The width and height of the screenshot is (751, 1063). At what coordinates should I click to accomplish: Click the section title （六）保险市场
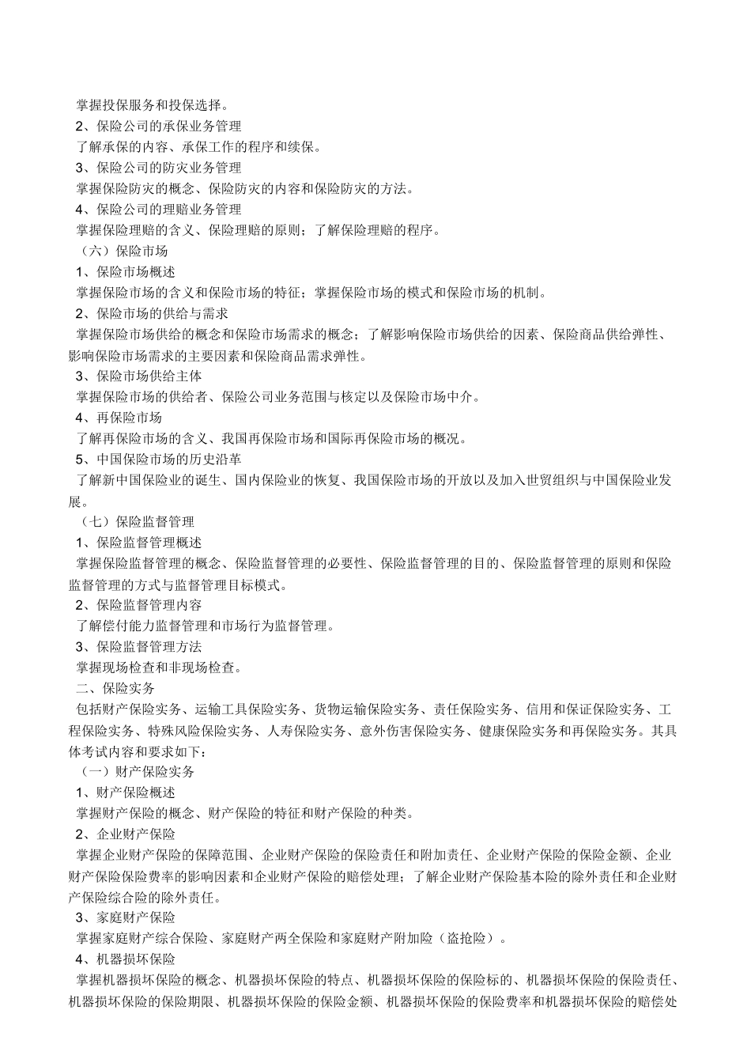point(125,252)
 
